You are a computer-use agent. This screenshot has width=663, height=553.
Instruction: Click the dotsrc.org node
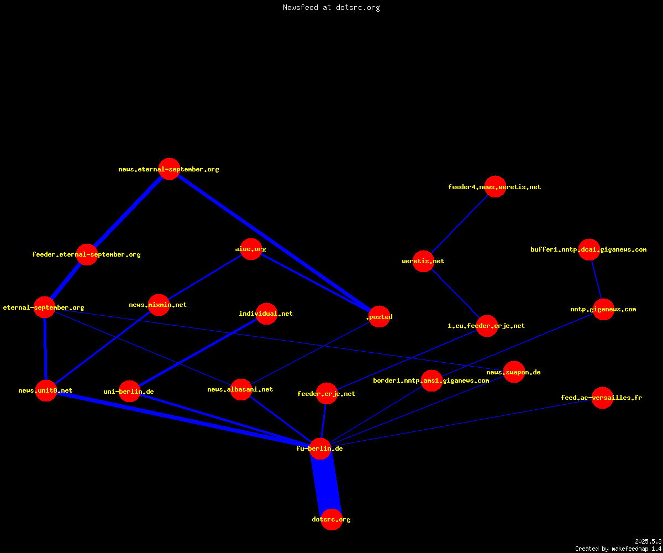point(331,519)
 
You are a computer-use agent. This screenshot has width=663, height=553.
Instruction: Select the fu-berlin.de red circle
point(320,448)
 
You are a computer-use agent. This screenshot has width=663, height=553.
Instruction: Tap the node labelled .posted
point(379,316)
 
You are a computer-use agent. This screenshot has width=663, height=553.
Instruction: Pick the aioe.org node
point(251,249)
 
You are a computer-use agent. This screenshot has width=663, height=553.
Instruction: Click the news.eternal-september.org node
point(169,169)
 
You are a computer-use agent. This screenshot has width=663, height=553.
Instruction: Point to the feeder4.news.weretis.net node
point(496,186)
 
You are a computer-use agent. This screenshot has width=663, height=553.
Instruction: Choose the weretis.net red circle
point(423,261)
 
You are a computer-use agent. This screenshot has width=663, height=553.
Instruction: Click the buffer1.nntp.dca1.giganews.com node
point(589,249)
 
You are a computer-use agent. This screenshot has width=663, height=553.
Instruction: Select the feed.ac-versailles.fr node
point(602,398)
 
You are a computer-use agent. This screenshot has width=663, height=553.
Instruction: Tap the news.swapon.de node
point(514,372)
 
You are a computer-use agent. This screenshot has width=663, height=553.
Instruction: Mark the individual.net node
point(266,314)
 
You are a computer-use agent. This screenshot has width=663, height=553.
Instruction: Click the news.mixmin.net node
point(159,305)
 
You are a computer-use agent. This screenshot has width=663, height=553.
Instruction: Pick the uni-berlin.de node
point(129,391)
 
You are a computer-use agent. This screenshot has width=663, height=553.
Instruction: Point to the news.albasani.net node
point(241,389)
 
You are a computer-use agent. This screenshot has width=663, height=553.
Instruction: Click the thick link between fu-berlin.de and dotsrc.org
point(326,484)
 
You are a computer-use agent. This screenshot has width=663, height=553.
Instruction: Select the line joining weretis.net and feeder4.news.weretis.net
point(460,224)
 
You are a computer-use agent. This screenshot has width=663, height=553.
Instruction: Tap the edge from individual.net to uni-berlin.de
point(198,352)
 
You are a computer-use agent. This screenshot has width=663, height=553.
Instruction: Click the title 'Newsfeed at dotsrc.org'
point(331,7)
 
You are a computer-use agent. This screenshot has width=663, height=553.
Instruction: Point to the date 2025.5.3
point(648,541)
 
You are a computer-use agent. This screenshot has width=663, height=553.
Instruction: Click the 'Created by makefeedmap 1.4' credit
point(618,549)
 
